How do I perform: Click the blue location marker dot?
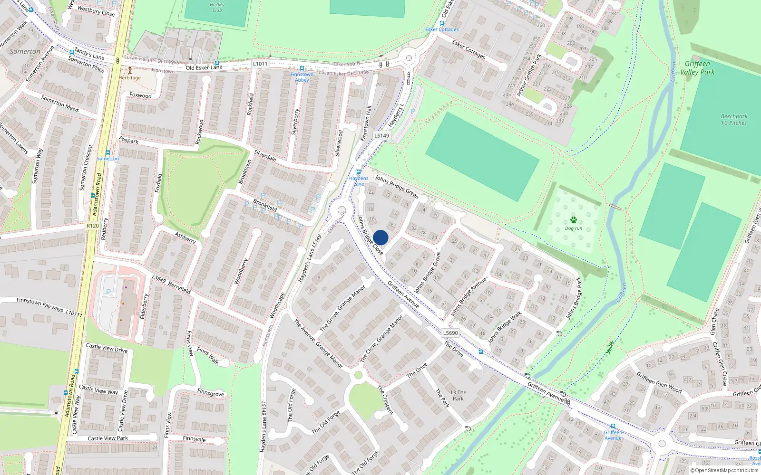click(380, 237)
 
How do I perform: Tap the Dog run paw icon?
click(573, 220)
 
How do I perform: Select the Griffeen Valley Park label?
click(697, 68)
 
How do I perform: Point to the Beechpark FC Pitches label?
click(734, 119)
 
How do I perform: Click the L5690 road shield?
click(450, 333)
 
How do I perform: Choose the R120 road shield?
click(93, 226)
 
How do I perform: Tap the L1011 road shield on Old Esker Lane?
click(260, 64)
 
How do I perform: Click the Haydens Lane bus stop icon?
click(359, 172)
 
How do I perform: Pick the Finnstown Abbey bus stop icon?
click(302, 68)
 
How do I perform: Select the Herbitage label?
click(129, 77)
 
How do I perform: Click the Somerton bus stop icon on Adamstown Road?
click(108, 153)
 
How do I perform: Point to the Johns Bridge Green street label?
click(397, 187)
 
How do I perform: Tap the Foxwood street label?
click(140, 95)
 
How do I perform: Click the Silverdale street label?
click(265, 155)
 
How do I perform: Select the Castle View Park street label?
click(107, 438)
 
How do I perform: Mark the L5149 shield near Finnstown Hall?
click(381, 135)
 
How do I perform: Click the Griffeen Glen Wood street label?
click(659, 382)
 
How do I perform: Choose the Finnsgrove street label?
click(210, 393)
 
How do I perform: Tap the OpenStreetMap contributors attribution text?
click(724, 470)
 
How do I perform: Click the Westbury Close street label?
click(96, 11)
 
